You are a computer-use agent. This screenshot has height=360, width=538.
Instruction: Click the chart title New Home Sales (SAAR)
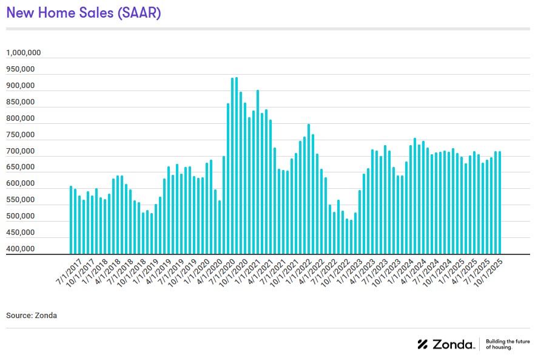coord(84,13)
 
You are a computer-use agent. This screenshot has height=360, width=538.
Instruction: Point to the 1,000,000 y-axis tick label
coord(24,53)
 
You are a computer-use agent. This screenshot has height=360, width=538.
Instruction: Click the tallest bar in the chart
coord(237,166)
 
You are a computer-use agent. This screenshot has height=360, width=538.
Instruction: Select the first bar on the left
coord(71,220)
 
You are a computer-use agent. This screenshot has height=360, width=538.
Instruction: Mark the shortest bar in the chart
coord(351,237)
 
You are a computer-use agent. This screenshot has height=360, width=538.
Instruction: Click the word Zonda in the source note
coord(46,316)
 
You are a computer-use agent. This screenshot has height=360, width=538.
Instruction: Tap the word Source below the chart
coord(19,316)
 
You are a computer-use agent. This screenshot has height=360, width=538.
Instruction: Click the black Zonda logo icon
coord(423,344)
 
